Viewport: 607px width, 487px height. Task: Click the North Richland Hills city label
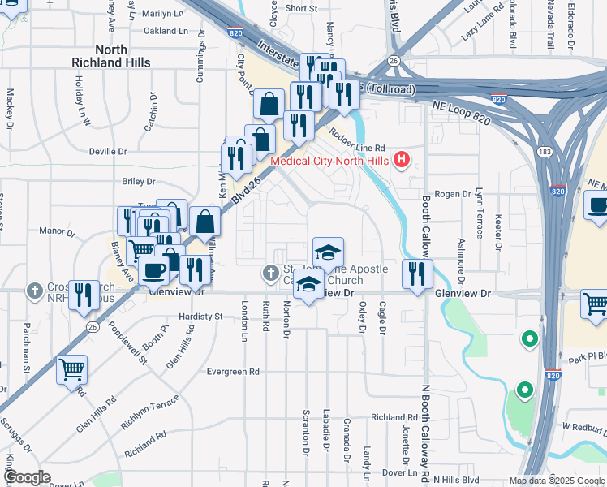pos(110,56)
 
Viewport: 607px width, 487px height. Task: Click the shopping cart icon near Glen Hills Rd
pos(71,370)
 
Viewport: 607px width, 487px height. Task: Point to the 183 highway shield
pos(545,152)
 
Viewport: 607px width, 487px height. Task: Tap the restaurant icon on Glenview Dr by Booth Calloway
pos(417,275)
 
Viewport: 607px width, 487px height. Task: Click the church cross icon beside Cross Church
pos(34,290)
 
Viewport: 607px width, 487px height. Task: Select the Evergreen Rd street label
pos(232,371)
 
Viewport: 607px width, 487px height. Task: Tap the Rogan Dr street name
pos(453,194)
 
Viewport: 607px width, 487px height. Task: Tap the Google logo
pos(27,477)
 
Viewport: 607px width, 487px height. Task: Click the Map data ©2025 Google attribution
pos(557,481)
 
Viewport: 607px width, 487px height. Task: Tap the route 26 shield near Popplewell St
pos(93,327)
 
